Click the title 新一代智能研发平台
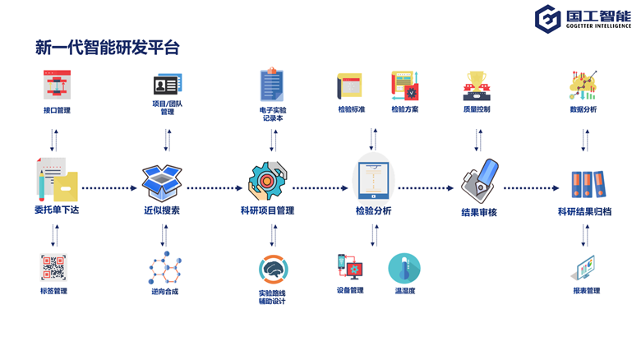pyautogui.click(x=107, y=48)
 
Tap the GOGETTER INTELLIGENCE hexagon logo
pyautogui.click(x=548, y=19)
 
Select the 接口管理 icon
pyautogui.click(x=57, y=85)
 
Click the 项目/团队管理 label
pyautogui.click(x=168, y=108)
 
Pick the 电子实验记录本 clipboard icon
pyautogui.click(x=272, y=85)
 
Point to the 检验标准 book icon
pyautogui.click(x=350, y=86)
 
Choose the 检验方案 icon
pyautogui.click(x=405, y=86)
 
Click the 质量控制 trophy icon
pyautogui.click(x=476, y=86)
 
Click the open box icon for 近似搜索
pyautogui.click(x=162, y=183)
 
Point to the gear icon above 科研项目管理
pyautogui.click(x=268, y=182)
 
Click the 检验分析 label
pyautogui.click(x=373, y=210)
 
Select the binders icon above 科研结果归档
pyautogui.click(x=587, y=184)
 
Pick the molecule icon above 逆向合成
pyautogui.click(x=164, y=268)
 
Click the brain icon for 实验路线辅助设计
pyautogui.click(x=272, y=269)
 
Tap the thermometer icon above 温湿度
pyautogui.click(x=404, y=268)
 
